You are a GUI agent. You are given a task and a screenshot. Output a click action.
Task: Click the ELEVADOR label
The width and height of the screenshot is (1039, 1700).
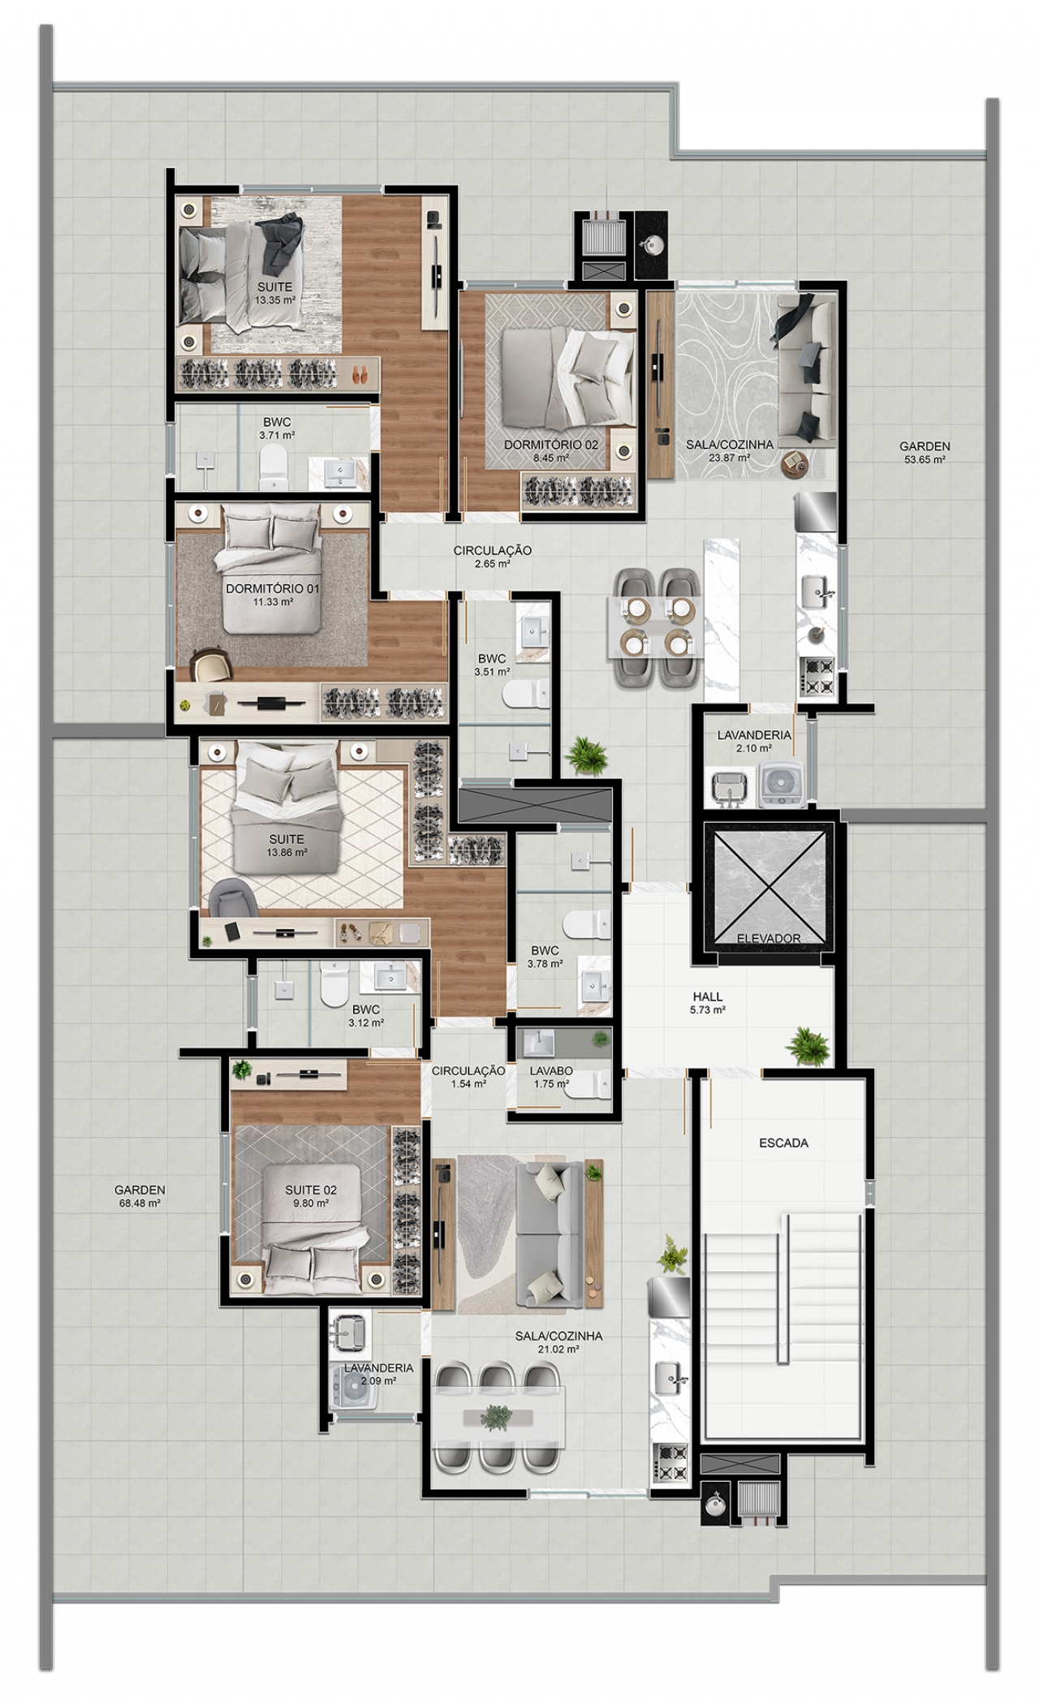(x=768, y=938)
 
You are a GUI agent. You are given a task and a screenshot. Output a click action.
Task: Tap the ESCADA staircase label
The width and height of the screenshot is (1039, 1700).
(x=783, y=1143)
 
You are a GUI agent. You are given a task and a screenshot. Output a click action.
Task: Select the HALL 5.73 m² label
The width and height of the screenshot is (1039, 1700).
(x=708, y=1003)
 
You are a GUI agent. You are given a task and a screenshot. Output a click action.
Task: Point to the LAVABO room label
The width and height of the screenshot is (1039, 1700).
(x=551, y=1071)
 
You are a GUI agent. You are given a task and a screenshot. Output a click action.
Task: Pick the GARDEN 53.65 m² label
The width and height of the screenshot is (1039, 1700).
(x=925, y=453)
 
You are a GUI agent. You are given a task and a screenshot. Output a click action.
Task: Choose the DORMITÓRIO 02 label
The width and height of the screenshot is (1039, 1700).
(x=551, y=445)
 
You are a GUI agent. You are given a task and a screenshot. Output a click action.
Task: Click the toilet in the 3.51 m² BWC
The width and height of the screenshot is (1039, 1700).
(x=528, y=694)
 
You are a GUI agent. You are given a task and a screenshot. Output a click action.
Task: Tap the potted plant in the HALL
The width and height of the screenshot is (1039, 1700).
(x=808, y=1045)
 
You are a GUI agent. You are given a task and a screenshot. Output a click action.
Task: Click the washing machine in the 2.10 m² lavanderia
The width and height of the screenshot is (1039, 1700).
(x=782, y=785)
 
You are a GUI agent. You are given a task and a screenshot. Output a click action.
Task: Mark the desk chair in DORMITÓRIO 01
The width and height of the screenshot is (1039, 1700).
(x=211, y=665)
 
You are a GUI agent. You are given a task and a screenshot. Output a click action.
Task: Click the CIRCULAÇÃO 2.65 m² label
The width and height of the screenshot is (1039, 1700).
(x=492, y=557)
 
